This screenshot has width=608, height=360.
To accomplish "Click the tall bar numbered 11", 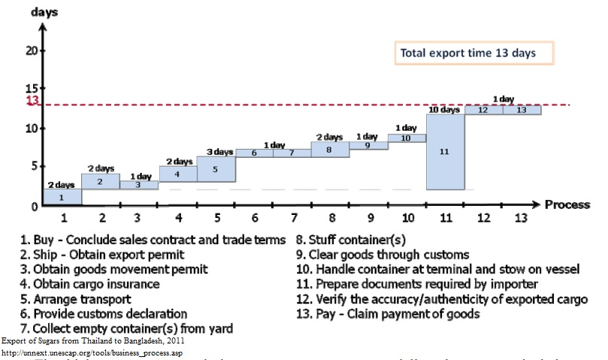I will [x=444, y=151].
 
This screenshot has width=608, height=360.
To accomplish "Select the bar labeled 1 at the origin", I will [x=62, y=197].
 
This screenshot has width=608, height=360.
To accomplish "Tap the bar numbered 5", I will [x=216, y=169].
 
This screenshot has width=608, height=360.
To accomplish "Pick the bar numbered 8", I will [x=330, y=150].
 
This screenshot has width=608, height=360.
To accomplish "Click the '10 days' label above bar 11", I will [x=444, y=110].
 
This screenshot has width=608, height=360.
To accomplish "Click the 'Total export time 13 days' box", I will [x=475, y=53].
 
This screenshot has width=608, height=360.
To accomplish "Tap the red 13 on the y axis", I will [x=32, y=102].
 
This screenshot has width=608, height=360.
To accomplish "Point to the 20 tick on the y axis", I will [x=31, y=50].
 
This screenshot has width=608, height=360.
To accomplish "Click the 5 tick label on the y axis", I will [x=34, y=166].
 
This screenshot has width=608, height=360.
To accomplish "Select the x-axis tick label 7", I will [x=292, y=219].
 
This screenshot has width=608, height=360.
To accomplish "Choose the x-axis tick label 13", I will [x=520, y=219].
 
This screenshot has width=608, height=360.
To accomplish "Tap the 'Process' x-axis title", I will [x=567, y=204].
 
